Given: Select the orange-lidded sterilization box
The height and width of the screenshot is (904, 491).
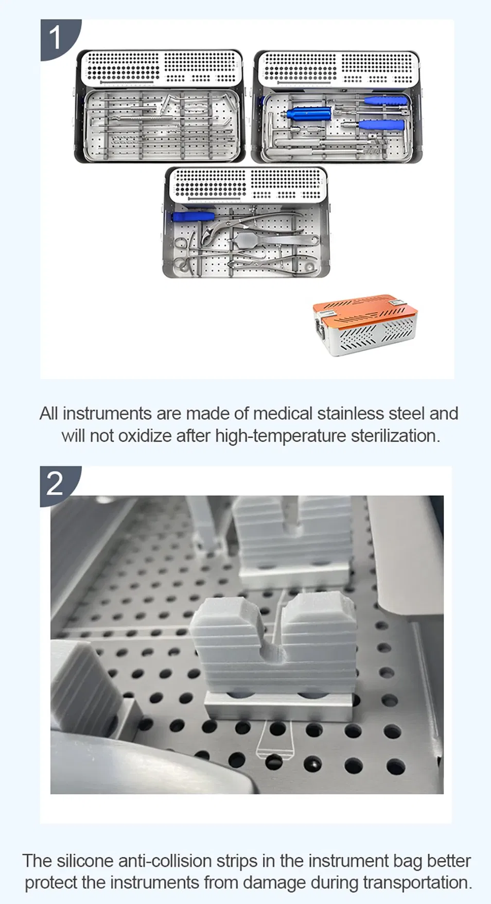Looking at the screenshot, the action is point(365,324).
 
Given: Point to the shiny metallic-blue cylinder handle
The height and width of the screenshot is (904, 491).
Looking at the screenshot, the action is point(308,113).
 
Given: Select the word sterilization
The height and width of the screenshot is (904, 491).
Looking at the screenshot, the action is point(395,436).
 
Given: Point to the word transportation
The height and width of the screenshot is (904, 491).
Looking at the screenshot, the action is point(417,883).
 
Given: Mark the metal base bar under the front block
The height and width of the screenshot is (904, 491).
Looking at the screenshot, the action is point(278,706).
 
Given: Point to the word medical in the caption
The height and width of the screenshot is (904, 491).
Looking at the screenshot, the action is point(283,414).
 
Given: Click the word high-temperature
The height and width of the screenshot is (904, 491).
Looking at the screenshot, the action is point(280,436).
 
